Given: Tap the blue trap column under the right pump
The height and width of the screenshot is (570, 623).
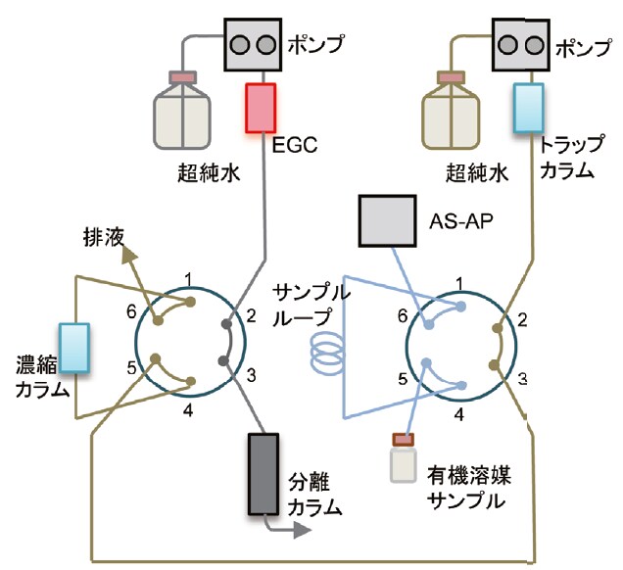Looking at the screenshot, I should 529,109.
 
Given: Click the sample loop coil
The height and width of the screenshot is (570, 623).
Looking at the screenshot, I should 325,347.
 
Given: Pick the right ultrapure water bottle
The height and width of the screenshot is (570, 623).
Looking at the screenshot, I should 453,110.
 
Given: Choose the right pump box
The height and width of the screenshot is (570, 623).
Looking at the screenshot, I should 517,45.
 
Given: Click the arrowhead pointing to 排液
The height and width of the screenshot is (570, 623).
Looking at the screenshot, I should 126,257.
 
